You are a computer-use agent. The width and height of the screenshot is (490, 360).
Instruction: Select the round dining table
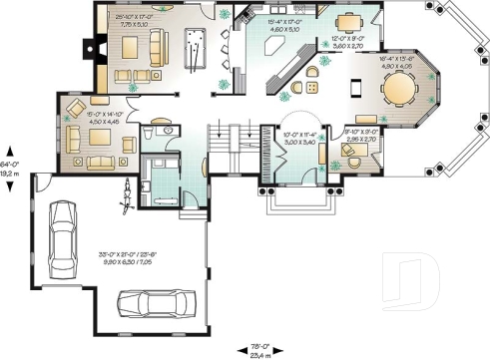pyautogui.click(x=399, y=91)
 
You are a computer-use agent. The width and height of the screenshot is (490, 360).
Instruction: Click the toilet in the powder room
pyautogui.click(x=151, y=131)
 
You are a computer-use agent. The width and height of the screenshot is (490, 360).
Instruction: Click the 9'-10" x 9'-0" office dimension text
pyautogui.click(x=358, y=133)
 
